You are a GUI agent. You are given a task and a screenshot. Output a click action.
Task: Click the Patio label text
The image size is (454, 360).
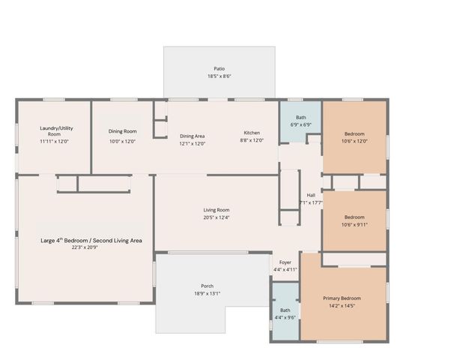pyautogui.click(x=220, y=68)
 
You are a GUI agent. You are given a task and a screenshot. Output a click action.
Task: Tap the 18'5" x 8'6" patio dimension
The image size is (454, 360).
pyautogui.click(x=220, y=76)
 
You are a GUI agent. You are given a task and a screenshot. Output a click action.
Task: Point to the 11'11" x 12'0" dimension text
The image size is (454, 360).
pyautogui.click(x=55, y=141)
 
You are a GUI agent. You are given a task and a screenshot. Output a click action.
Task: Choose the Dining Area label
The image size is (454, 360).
pyautogui.click(x=193, y=136)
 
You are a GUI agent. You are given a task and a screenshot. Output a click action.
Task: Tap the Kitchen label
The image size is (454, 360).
pyautogui.click(x=251, y=133)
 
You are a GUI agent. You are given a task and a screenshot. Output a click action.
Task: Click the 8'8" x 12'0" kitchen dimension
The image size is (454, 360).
pyautogui.click(x=252, y=140)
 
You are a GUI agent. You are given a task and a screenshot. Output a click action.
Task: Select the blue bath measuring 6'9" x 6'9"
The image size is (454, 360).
pyautogui.click(x=300, y=120)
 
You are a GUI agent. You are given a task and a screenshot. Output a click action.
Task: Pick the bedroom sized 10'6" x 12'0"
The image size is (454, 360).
pyautogui.click(x=354, y=136)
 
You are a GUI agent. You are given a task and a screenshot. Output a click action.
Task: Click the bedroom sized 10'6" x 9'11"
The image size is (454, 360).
pyautogui.click(x=354, y=220)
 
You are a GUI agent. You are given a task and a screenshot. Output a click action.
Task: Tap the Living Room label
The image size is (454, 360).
pyautogui.click(x=217, y=209)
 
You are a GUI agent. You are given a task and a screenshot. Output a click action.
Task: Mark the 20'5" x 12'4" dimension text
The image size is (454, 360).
pyautogui.click(x=217, y=217)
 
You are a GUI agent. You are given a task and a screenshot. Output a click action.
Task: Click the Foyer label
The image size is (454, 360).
pyautogui.click(x=285, y=262)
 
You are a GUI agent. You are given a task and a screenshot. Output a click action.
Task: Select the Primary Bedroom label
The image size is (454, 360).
pyautogui.click(x=342, y=298)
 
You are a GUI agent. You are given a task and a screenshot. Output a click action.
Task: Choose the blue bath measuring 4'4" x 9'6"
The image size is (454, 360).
pyautogui.click(x=285, y=313)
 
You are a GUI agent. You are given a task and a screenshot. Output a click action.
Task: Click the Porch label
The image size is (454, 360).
pyautogui.click(x=207, y=286)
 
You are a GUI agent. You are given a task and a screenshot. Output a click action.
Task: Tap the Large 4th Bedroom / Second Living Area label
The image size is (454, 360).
pyautogui.click(x=91, y=241)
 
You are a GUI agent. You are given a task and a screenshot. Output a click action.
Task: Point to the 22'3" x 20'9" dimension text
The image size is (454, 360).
pyautogui.click(x=85, y=247)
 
